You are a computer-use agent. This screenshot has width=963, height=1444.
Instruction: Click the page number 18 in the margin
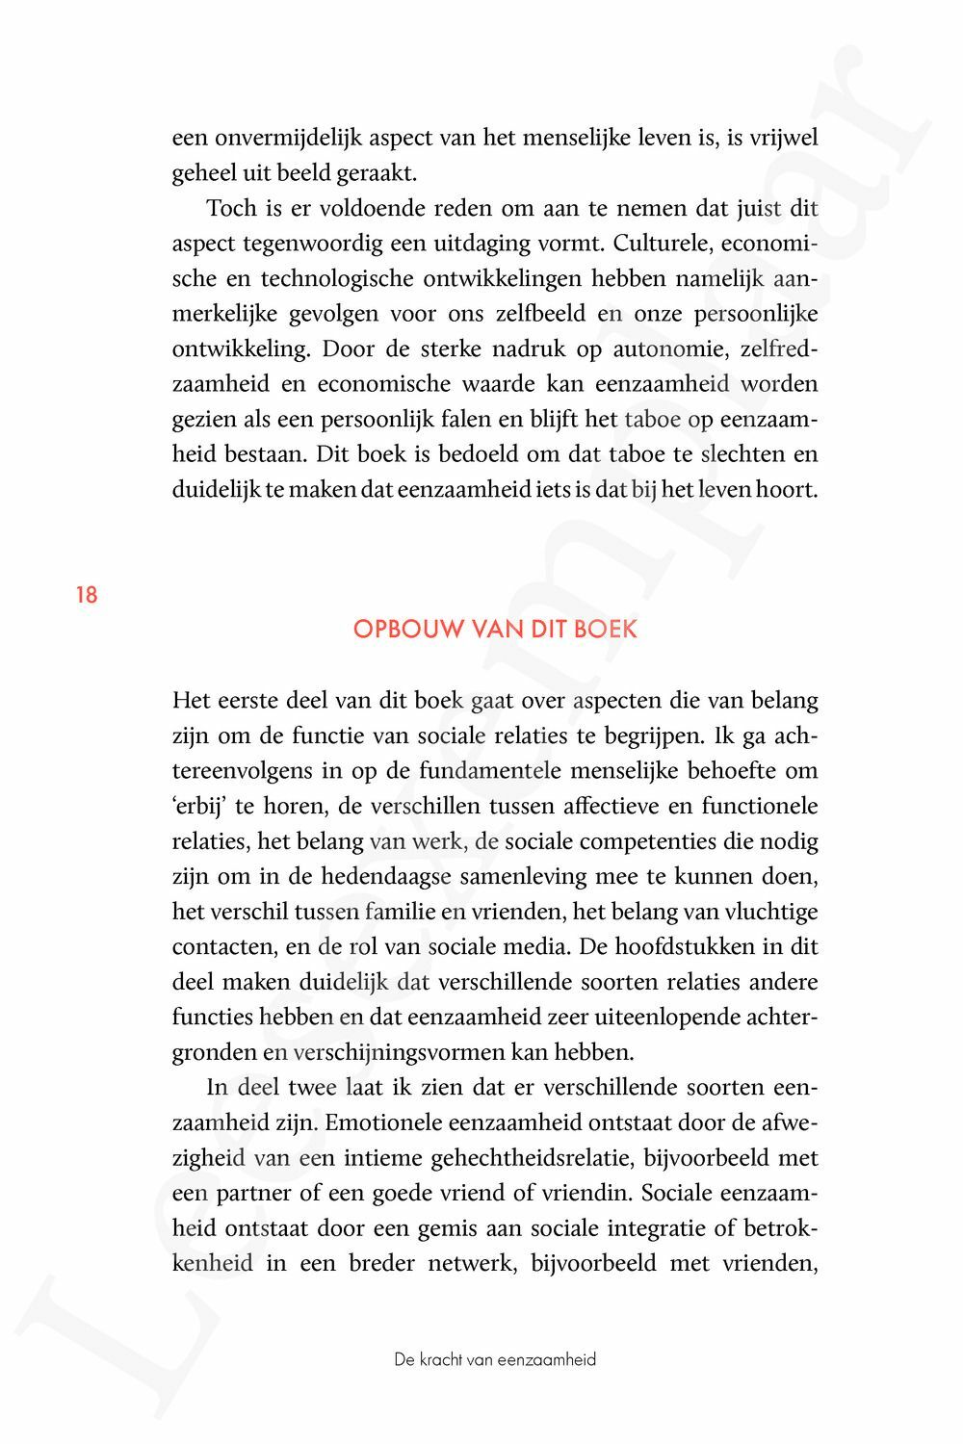pos(87,595)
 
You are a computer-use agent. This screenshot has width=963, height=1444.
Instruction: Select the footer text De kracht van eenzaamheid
pos(495,1359)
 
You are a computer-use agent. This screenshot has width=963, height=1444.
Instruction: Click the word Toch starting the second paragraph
pos(231,208)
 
